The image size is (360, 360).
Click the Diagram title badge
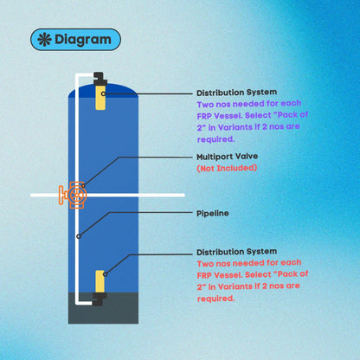pyautogui.click(x=75, y=40)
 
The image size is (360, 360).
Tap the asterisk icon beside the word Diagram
pyautogui.click(x=44, y=40)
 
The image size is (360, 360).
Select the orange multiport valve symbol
pyautogui.click(x=74, y=195)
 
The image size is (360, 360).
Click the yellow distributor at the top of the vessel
pyautogui.click(x=100, y=97)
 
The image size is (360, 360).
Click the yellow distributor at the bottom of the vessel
pyautogui.click(x=100, y=281)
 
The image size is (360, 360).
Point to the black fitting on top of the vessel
pyautogui.click(x=100, y=79)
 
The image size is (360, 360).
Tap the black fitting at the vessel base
pyautogui.click(x=100, y=299)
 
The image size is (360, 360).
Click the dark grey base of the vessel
pyautogui.click(x=103, y=308)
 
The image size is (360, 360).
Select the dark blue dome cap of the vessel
pyautogui.click(x=103, y=91)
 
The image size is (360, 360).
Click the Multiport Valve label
pyautogui.click(x=228, y=157)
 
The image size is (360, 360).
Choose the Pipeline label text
pyautogui.click(x=213, y=214)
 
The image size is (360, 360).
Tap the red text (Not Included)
pyautogui.click(x=227, y=168)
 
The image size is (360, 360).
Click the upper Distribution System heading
pyautogui.click(x=237, y=93)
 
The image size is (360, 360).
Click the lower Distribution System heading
pyautogui.click(x=237, y=252)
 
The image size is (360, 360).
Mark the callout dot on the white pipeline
pyautogui.click(x=79, y=236)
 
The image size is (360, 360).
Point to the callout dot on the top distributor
pyautogui.click(x=103, y=93)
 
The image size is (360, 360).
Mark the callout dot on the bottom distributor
pyautogui.click(x=106, y=274)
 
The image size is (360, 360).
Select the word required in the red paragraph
pyautogui.click(x=215, y=299)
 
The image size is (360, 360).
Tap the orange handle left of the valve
pyautogui.click(x=61, y=196)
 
